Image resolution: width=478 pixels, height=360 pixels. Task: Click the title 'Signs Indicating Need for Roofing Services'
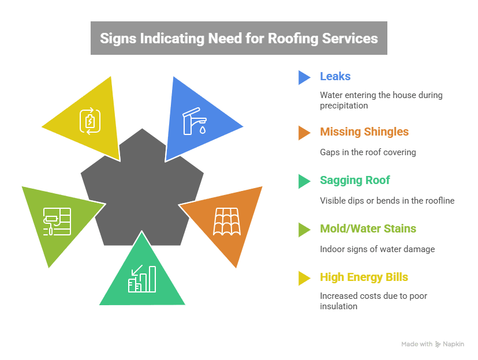coord(238,39)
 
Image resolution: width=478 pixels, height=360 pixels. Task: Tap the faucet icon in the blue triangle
coord(193,122)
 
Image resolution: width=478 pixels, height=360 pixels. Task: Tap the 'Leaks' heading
coord(335,77)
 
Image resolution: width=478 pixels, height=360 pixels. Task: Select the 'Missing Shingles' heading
coord(364,132)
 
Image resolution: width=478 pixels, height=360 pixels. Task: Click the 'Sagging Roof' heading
coord(355,181)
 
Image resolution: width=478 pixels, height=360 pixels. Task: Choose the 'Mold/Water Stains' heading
coord(368,229)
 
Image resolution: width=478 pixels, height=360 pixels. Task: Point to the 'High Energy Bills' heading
coord(364,277)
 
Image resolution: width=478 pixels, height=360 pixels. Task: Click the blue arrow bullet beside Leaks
coord(304,77)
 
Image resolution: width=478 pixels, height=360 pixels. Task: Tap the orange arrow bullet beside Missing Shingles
coord(304,133)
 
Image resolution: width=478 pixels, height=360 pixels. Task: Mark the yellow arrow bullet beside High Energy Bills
coord(304,278)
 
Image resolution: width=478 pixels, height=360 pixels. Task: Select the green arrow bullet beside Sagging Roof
coord(304,181)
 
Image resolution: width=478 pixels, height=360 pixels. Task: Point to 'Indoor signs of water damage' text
coord(377,249)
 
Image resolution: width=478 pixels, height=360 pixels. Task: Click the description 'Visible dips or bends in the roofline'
coord(387,201)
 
